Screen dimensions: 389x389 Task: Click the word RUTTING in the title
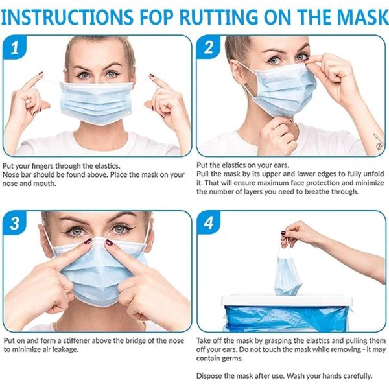click(209, 15)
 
